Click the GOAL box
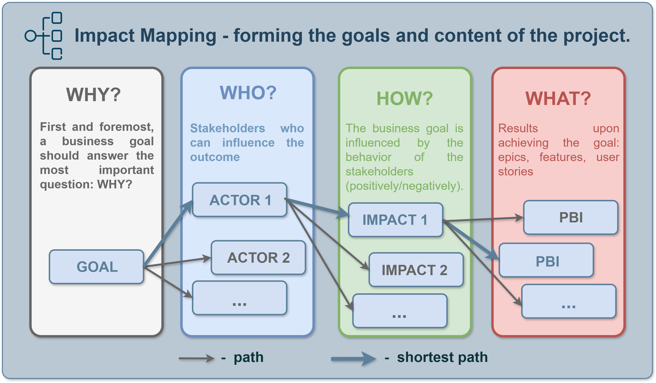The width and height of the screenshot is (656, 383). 96,267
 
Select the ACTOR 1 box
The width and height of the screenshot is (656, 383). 239,200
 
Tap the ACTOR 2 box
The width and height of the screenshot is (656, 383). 258,257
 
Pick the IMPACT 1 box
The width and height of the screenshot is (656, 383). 395,220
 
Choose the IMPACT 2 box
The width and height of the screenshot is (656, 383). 416,270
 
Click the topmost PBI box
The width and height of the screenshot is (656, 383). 571,217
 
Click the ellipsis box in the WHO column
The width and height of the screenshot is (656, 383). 239,298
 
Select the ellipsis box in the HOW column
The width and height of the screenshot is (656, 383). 400,311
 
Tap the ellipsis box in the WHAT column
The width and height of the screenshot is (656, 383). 569,301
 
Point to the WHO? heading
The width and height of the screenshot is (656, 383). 248,93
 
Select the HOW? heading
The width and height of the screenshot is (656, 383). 405,98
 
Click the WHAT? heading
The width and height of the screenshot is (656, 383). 558,98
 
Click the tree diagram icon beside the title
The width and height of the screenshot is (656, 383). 44,36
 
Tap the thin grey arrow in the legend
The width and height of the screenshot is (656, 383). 197,358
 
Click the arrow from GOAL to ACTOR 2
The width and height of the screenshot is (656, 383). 177,262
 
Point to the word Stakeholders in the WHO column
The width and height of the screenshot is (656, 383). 227,128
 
